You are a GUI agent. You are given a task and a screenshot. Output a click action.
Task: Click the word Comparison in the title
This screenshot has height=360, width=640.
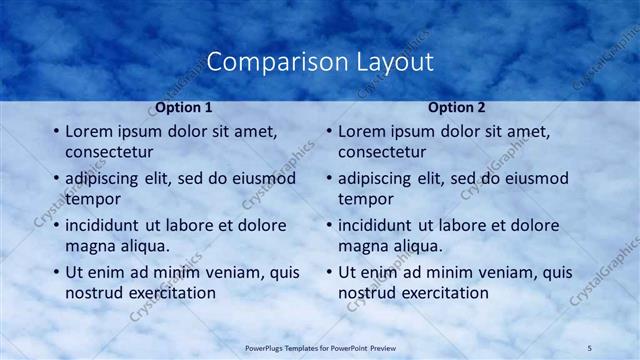pos(266,62)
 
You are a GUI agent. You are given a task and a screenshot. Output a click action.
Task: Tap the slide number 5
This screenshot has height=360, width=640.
pos(590,346)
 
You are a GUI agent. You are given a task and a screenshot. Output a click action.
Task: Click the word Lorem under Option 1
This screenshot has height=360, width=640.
pos(90,131)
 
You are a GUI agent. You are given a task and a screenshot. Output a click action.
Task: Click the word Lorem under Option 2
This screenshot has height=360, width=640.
pos(363,131)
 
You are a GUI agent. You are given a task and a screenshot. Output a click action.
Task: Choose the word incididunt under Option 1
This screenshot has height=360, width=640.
pos(108,225)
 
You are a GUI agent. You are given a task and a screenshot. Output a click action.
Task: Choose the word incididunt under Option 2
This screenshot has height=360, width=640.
pos(381,225)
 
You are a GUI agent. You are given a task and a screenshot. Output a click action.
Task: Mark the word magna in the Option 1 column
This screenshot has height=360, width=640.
pos(90,246)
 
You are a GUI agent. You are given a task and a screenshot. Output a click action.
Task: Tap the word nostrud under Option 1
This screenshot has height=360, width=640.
pos(94,293)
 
